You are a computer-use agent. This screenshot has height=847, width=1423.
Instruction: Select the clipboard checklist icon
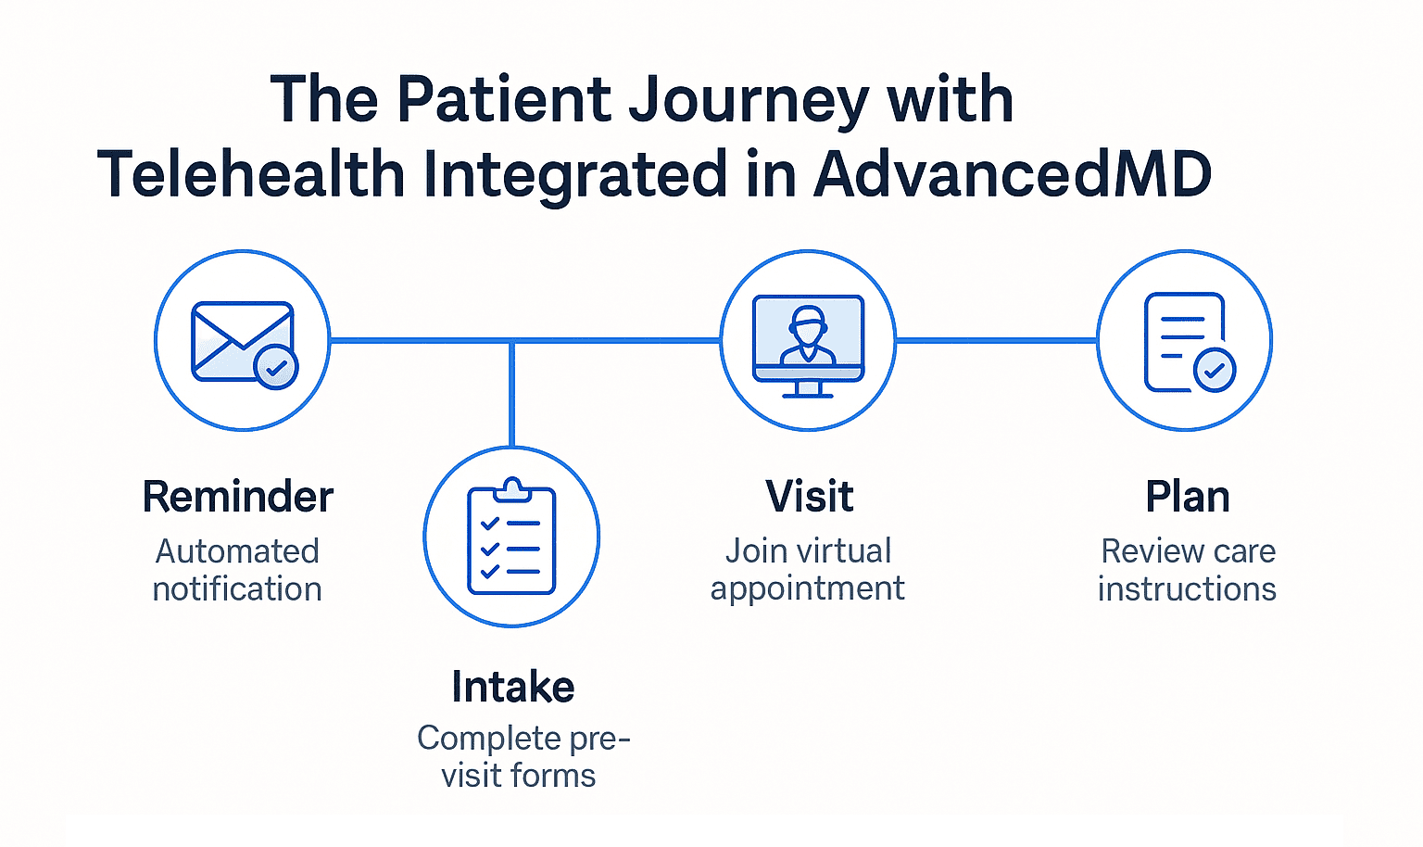[x=511, y=537]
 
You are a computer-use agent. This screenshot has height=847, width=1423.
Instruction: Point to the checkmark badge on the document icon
[x=1214, y=371]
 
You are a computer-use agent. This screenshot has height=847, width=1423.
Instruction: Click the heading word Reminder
[x=237, y=498]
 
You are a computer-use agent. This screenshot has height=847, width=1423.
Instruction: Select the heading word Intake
[x=512, y=688]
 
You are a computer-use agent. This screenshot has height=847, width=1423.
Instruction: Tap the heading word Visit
[x=809, y=498]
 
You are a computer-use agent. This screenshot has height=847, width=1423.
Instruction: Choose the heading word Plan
[x=1187, y=498]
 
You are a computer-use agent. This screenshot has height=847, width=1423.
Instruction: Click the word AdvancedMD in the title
[x=1013, y=175]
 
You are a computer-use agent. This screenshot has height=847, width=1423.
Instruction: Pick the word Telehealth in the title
[x=251, y=175]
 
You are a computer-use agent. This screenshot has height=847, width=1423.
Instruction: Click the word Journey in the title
[x=749, y=100]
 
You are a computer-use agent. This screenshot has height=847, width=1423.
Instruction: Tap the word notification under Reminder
[x=237, y=589]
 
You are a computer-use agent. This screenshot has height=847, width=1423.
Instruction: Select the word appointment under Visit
[x=807, y=589]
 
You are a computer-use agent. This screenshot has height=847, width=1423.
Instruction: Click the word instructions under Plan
[x=1187, y=589]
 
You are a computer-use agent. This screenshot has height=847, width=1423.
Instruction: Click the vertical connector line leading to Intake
[x=511, y=394]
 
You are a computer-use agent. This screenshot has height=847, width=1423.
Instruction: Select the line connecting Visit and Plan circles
[x=996, y=341]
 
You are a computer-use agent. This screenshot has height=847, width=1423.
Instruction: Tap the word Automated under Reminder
[x=237, y=551]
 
